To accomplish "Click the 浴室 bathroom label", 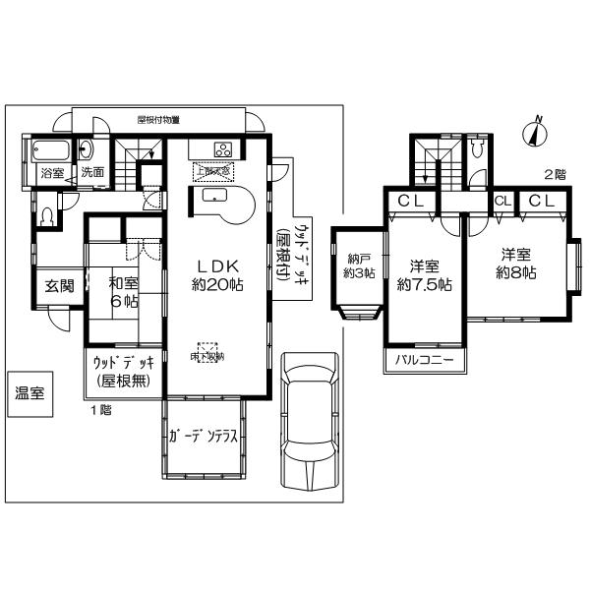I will pyautogui.click(x=51, y=171).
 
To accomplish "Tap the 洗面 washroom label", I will pyautogui.click(x=92, y=171).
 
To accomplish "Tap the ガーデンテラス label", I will pyautogui.click(x=202, y=440).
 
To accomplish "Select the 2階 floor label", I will pyautogui.click(x=554, y=174).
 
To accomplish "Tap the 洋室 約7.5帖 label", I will pyautogui.click(x=424, y=274).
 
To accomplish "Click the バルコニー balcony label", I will pyautogui.click(x=424, y=361).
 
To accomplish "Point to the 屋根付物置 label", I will pyautogui.click(x=157, y=119).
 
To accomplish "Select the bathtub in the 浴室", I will pyautogui.click(x=50, y=150).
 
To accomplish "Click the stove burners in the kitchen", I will pyautogui.click(x=222, y=150).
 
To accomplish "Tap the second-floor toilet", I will pyautogui.click(x=478, y=148).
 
